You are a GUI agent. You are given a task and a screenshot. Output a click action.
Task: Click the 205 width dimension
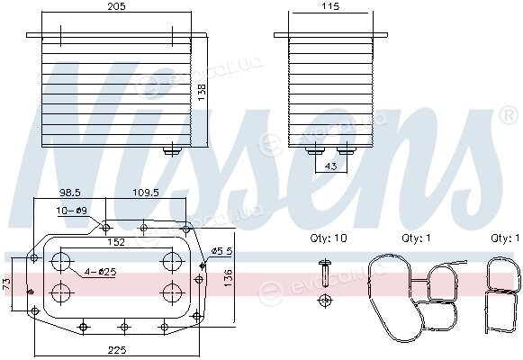coord(116,6)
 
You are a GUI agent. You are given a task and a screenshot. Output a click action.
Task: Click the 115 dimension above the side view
coord(330,6)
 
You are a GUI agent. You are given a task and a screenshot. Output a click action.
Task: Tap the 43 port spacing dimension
coord(330,166)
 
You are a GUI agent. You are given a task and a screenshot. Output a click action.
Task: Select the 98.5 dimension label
coord(70,193)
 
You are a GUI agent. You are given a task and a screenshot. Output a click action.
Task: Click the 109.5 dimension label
coord(146,193)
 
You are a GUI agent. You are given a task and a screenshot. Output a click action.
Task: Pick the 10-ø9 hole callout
coord(71,211)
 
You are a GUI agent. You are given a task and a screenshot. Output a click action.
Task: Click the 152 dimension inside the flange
coord(116,242)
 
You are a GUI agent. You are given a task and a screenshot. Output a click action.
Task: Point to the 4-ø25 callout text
coord(100,273)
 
